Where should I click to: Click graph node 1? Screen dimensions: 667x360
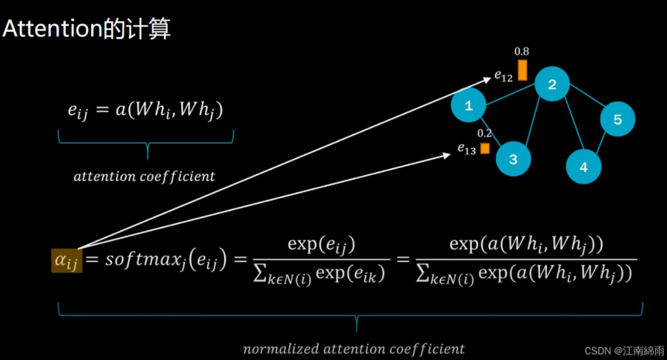468,105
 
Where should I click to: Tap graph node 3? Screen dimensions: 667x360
513,159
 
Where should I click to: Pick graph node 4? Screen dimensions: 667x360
584,167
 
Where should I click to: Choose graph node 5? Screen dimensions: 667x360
617,119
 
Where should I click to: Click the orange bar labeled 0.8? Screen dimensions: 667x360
523,70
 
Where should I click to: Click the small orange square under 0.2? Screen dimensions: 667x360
485,148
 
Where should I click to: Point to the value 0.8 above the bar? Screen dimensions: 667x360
522,52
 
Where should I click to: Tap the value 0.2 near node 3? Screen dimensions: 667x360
484,133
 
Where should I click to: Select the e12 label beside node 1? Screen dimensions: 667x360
504,76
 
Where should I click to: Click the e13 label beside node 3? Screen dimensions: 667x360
467,149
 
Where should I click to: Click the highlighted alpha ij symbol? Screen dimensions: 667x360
66,260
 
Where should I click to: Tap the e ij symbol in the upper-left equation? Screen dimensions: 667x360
78,111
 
